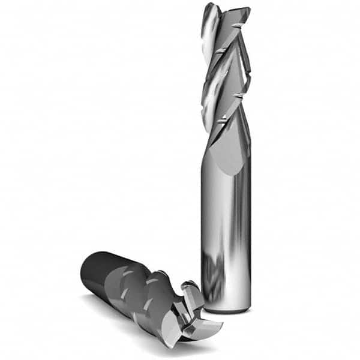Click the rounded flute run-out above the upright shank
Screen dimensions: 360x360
click(x=229, y=150)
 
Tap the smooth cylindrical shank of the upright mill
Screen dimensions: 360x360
click(x=227, y=228)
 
